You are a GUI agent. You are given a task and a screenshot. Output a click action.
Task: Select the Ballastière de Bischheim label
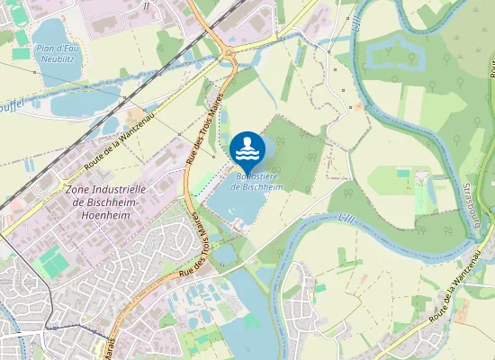coord(256,182)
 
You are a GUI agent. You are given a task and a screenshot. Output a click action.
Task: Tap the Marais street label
coord(112,346)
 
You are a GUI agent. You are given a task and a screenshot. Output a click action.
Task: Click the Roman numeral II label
coord(147,5)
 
